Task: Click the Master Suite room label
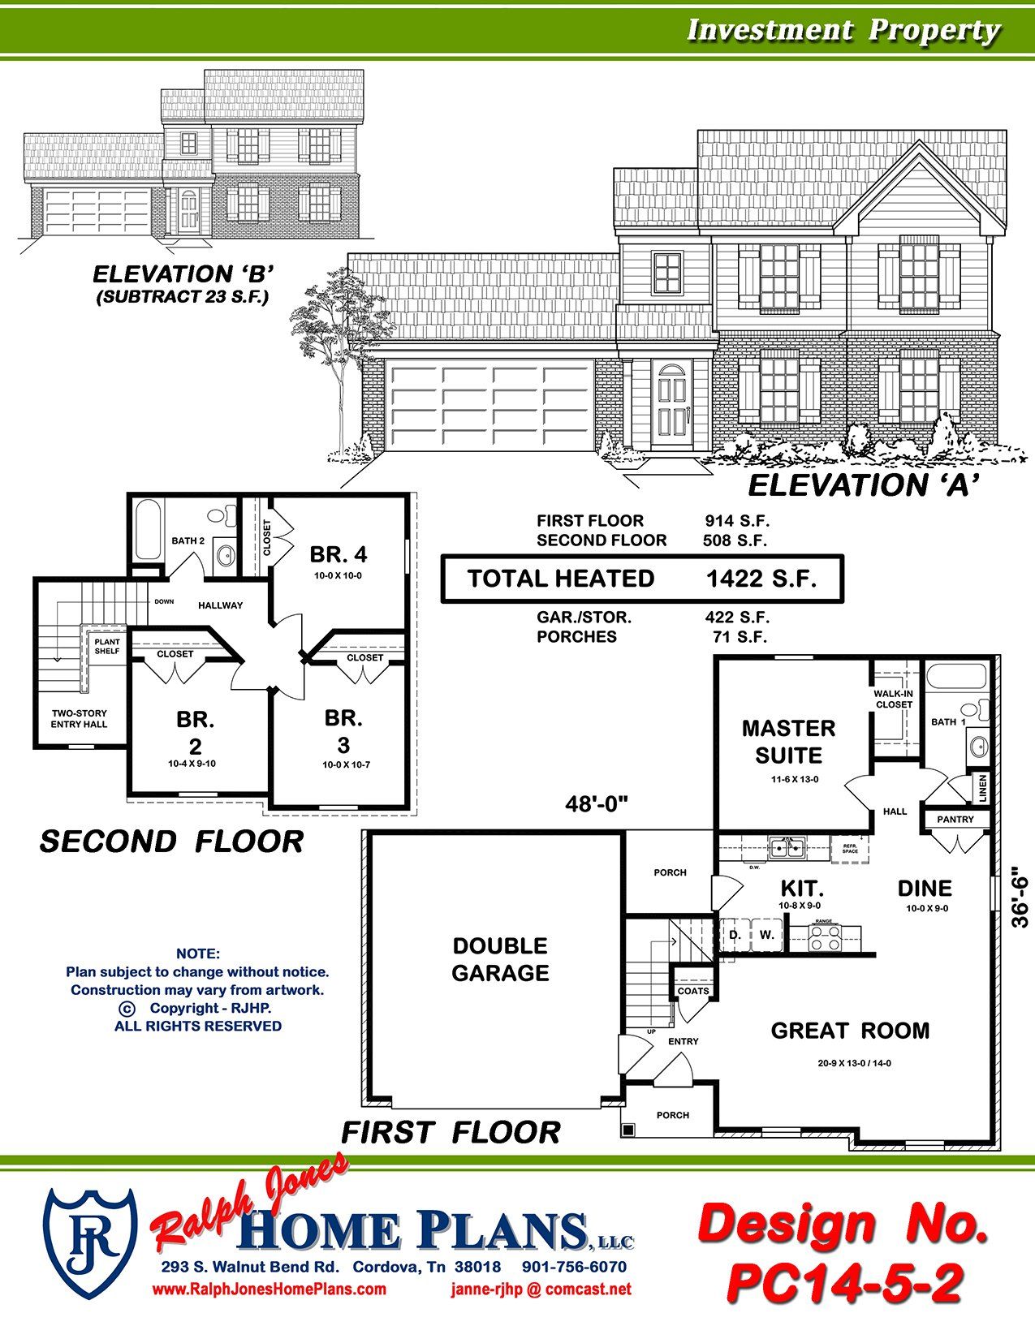point(788,741)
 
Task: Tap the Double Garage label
point(500,959)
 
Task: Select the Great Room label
point(850,1031)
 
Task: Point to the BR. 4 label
point(338,554)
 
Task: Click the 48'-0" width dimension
point(597,803)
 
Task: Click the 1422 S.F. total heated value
point(761,579)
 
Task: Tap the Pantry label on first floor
point(955,820)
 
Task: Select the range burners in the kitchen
point(824,936)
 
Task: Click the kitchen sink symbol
point(786,849)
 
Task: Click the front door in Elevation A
point(672,403)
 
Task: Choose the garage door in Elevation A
point(491,406)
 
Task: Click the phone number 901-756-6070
point(574,1267)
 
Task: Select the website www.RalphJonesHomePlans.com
point(270,1289)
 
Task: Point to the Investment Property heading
point(843,30)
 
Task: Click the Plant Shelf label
point(106,647)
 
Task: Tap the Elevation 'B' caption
point(183,273)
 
